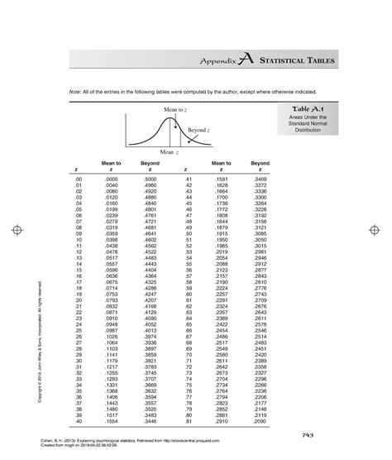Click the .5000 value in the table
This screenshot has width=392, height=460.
click(151, 179)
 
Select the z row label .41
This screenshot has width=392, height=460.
click(189, 179)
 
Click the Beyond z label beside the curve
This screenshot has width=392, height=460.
click(197, 130)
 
